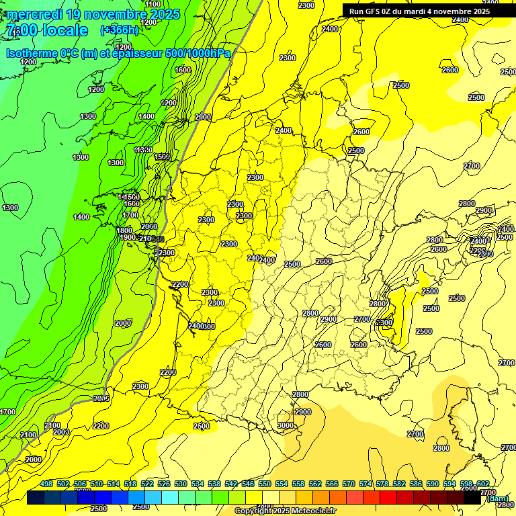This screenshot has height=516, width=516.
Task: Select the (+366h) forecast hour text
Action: pyautogui.click(x=119, y=30)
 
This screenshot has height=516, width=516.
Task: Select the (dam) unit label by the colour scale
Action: pyautogui.click(x=498, y=499)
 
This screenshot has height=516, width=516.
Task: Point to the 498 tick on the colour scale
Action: pyautogui.click(x=46, y=484)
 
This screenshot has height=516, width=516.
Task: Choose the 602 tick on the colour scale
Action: pyautogui.click(x=482, y=484)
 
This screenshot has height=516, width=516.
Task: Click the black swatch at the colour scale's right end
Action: pyautogui.click(x=472, y=497)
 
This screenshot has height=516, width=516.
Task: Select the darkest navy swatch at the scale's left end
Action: pyautogui.click(x=36, y=497)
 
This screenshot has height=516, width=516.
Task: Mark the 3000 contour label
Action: pyautogui.click(x=285, y=425)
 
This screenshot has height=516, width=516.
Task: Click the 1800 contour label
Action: pyautogui.click(x=124, y=230)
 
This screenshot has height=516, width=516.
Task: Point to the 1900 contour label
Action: pyautogui.click(x=128, y=237)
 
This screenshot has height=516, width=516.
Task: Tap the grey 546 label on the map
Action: pyautogui.click(x=158, y=239)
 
